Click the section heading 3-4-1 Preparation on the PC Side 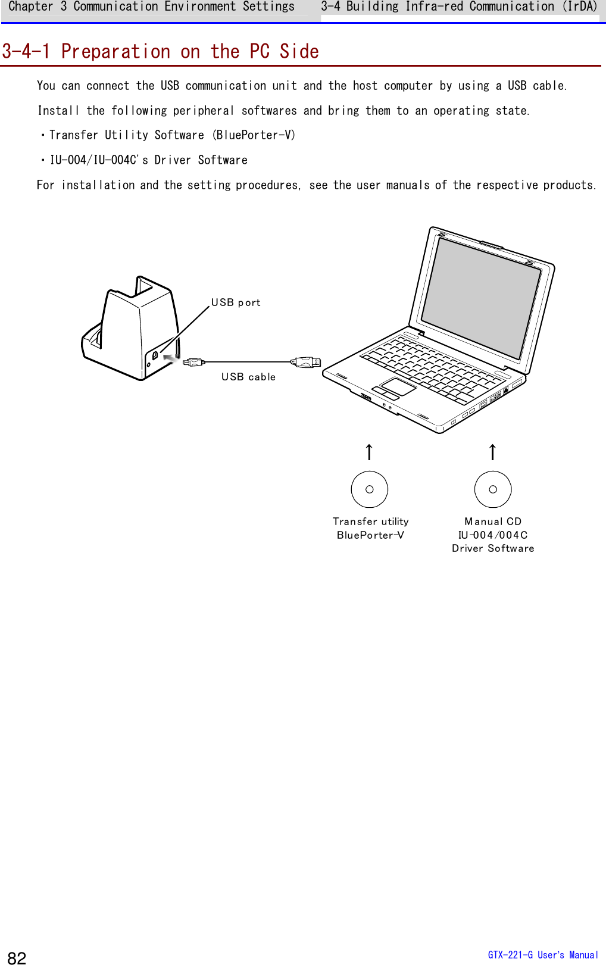(160, 52)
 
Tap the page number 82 (17, 957)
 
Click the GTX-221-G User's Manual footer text (542, 955)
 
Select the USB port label (236, 302)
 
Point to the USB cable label (248, 377)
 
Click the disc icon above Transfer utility (370, 489)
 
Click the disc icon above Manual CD (493, 489)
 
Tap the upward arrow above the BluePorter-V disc (369, 452)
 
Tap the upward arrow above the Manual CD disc (492, 452)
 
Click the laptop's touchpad (398, 386)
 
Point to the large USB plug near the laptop (306, 362)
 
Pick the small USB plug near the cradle (193, 362)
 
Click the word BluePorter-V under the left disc (370, 535)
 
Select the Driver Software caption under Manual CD (493, 548)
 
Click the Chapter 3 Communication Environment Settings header (151, 7)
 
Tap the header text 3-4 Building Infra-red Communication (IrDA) (459, 7)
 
